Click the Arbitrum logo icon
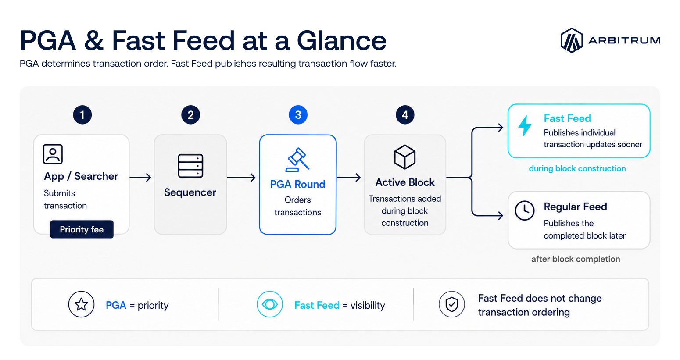click(572, 40)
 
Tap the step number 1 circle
click(82, 115)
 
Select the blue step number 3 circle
click(298, 115)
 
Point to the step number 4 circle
click(405, 115)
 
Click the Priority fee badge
click(82, 229)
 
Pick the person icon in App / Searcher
click(53, 154)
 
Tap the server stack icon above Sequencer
click(190, 166)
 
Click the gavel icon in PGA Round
click(297, 160)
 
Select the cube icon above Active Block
click(404, 157)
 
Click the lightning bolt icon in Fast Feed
click(525, 126)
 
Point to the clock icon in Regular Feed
click(525, 210)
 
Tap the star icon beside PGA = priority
click(81, 304)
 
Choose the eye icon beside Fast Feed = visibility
click(270, 304)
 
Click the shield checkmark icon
click(452, 304)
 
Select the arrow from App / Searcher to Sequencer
click(140, 177)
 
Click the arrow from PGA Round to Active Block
click(349, 177)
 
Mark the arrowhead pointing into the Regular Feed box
click(500, 215)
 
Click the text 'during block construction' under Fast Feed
click(577, 168)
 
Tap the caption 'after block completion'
click(576, 259)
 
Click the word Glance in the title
click(341, 41)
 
